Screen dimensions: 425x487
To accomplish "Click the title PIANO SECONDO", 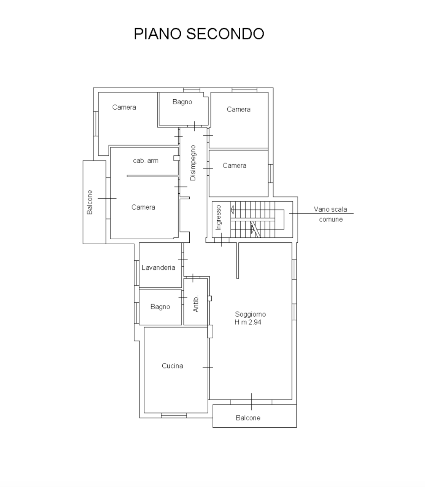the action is point(199,33).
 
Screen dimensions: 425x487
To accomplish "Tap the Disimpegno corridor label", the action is point(193,163).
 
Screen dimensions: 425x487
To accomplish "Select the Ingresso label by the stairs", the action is point(218,218).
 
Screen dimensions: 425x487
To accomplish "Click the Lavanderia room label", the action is point(159,267).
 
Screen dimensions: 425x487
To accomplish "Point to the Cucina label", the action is point(173,366).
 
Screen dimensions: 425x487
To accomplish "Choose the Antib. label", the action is point(195,304).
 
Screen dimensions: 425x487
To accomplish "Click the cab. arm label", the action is point(146,161).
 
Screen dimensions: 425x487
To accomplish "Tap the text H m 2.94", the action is point(248,322).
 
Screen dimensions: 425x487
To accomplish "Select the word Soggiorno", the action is point(251,314).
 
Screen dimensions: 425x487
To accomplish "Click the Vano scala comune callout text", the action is point(331,214).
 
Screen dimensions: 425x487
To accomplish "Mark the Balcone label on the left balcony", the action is point(90,202).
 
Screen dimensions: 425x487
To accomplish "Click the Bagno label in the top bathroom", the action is point(182,102).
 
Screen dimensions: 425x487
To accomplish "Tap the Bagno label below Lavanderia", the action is point(160,307).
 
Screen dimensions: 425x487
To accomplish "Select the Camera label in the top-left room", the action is point(124,107).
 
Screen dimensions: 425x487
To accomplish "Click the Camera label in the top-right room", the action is point(239,110).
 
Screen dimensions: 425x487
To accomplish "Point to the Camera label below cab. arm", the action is point(143,207).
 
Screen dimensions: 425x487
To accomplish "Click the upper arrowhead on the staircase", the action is point(232,210).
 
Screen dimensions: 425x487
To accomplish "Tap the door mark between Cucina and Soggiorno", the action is point(208,368).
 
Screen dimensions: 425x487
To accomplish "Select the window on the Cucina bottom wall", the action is point(174,416).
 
